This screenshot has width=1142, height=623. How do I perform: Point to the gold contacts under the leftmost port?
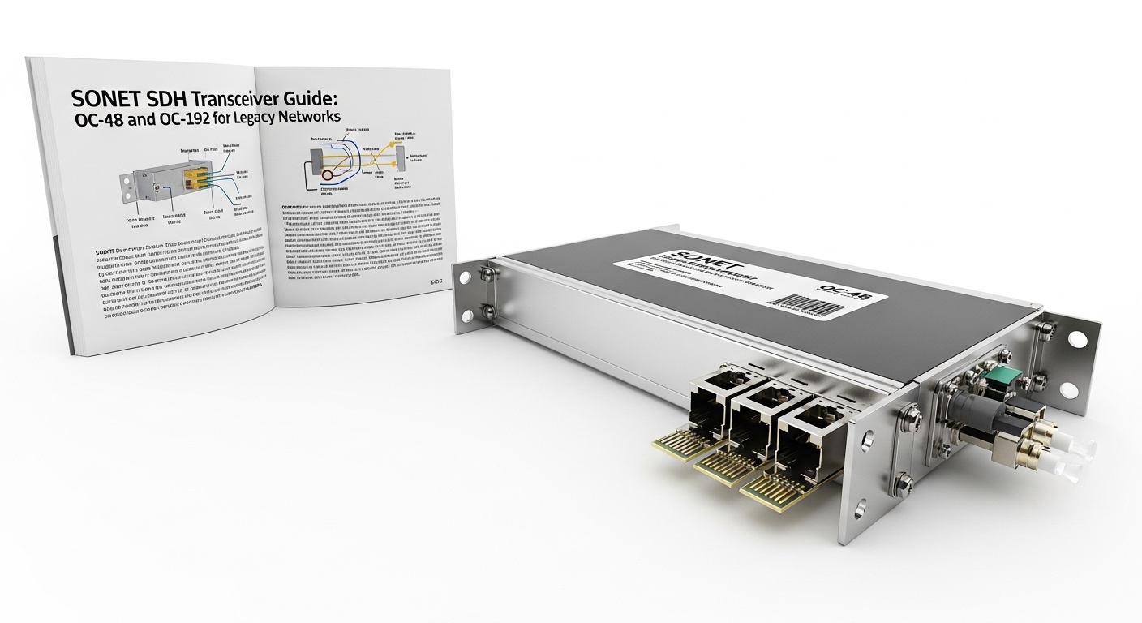(x=674, y=445)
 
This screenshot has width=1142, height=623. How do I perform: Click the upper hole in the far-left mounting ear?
(x=466, y=277)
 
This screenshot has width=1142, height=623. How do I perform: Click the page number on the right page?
(x=438, y=281)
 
